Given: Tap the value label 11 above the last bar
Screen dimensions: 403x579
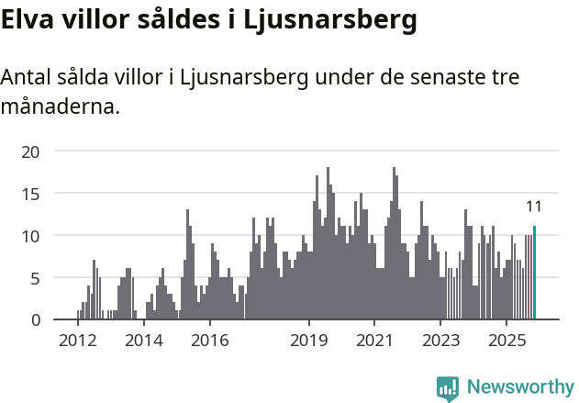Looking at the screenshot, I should pyautogui.click(x=534, y=207).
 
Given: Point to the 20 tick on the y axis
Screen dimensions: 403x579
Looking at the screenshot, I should pyautogui.click(x=31, y=151).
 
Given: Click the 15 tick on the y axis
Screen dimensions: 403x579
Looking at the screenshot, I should pyautogui.click(x=31, y=193).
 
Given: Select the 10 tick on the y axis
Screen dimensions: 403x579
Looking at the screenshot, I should pyautogui.click(x=31, y=235).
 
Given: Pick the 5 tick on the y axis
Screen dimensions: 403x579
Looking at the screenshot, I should pyautogui.click(x=36, y=277).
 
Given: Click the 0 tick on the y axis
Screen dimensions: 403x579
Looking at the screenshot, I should pyautogui.click(x=36, y=319).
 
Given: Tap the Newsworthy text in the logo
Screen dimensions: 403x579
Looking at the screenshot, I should pyautogui.click(x=520, y=387).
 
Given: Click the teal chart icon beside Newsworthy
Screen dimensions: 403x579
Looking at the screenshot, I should pyautogui.click(x=448, y=388).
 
